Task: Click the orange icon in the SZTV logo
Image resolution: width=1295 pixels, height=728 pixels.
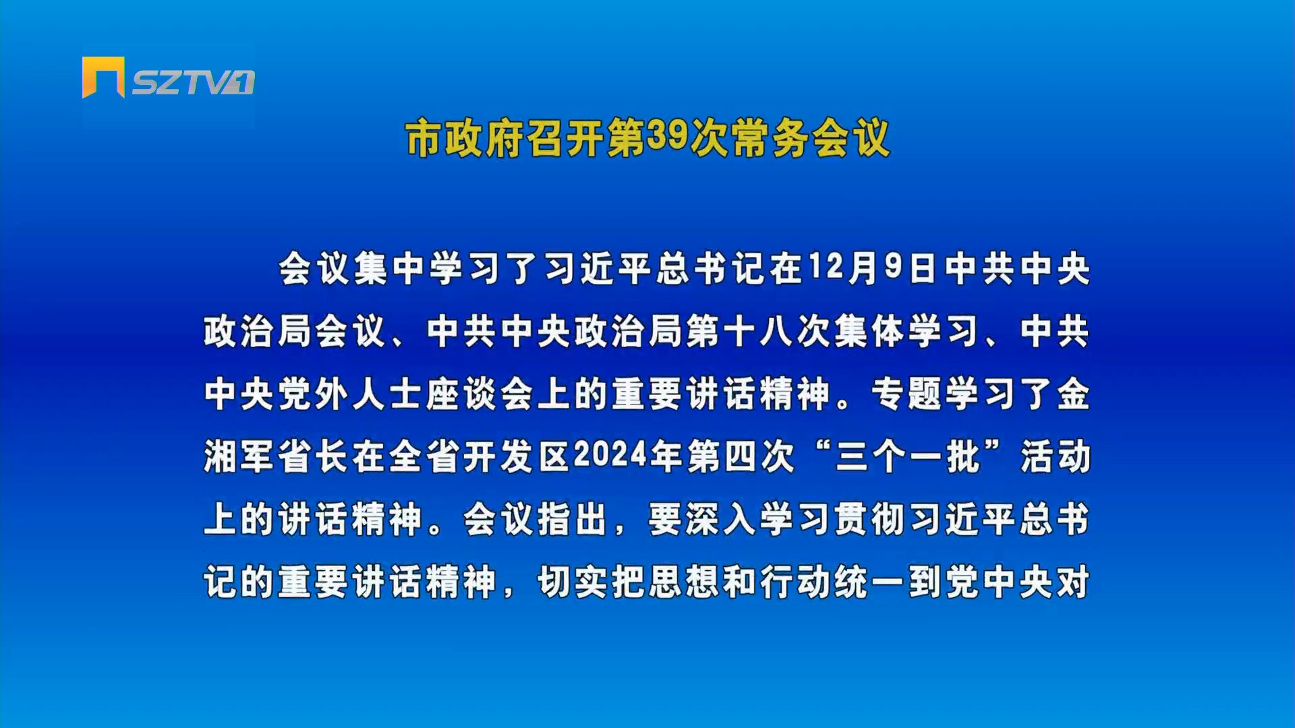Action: tap(103, 77)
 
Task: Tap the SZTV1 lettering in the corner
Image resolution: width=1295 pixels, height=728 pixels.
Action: tap(194, 82)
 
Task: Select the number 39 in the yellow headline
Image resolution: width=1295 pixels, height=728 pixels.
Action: tap(666, 136)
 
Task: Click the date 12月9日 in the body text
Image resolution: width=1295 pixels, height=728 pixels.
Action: tap(873, 268)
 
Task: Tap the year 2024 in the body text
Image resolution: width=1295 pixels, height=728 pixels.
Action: tap(610, 455)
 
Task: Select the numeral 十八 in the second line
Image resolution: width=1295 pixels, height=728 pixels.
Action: tap(759, 331)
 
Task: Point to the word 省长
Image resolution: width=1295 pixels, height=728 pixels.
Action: tap(314, 456)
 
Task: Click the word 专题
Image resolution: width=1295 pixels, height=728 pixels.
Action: tap(907, 394)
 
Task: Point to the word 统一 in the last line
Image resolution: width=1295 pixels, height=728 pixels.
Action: tap(870, 582)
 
